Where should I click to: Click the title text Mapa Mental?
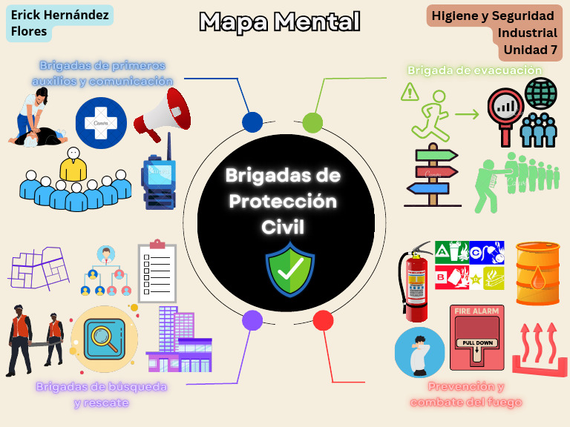(x=280, y=22)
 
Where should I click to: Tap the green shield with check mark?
(x=290, y=269)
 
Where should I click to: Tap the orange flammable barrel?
(x=537, y=274)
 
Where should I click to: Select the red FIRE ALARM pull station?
(x=476, y=337)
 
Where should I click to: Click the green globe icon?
(x=540, y=94)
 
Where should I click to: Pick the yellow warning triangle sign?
(x=409, y=93)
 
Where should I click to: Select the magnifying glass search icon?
(x=104, y=338)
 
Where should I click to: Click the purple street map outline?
(x=37, y=268)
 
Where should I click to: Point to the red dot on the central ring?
(x=323, y=320)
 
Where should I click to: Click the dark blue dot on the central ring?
(x=252, y=122)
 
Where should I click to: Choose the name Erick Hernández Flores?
(x=59, y=22)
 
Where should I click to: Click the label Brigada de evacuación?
(x=474, y=70)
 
